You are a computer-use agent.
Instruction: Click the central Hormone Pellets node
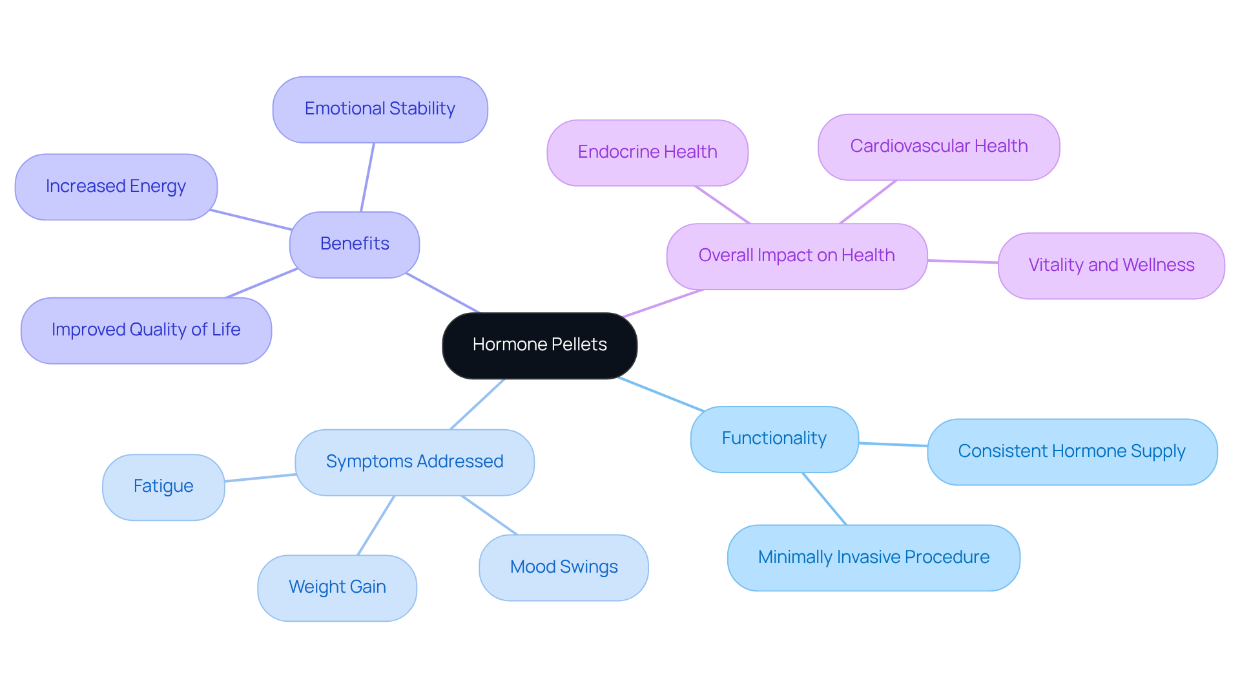click(x=539, y=345)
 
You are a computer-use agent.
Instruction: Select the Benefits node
click(x=355, y=244)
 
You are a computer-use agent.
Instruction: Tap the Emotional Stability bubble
click(x=380, y=109)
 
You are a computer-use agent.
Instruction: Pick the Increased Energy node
click(x=116, y=187)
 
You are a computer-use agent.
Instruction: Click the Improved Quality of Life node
click(x=146, y=330)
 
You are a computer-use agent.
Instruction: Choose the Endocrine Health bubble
click(x=647, y=153)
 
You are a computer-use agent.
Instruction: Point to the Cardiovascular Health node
click(x=938, y=147)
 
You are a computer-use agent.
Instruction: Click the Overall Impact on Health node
click(x=796, y=256)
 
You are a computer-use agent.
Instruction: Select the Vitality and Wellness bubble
click(x=1111, y=266)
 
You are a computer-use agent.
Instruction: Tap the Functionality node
click(x=774, y=439)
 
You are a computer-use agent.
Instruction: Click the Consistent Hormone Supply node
click(x=1071, y=452)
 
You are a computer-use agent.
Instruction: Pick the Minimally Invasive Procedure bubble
click(x=873, y=558)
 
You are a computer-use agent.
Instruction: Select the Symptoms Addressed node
click(x=414, y=462)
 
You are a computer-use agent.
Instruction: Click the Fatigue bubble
click(x=163, y=487)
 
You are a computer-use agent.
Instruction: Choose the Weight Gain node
click(x=337, y=588)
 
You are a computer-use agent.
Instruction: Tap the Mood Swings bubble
click(x=563, y=567)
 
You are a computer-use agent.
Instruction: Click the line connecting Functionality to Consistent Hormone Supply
click(x=893, y=444)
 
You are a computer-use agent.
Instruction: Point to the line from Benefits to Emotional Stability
click(x=367, y=177)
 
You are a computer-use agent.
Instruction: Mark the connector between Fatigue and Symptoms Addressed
click(x=260, y=478)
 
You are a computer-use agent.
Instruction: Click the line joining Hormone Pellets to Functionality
click(x=661, y=394)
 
